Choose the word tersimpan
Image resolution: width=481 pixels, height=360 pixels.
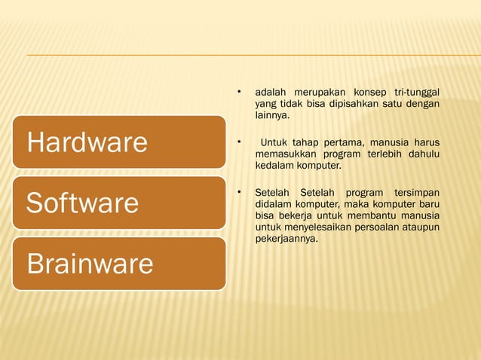point(417,192)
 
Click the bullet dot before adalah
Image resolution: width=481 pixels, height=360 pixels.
point(238,93)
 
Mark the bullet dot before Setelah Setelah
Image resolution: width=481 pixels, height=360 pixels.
point(238,191)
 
